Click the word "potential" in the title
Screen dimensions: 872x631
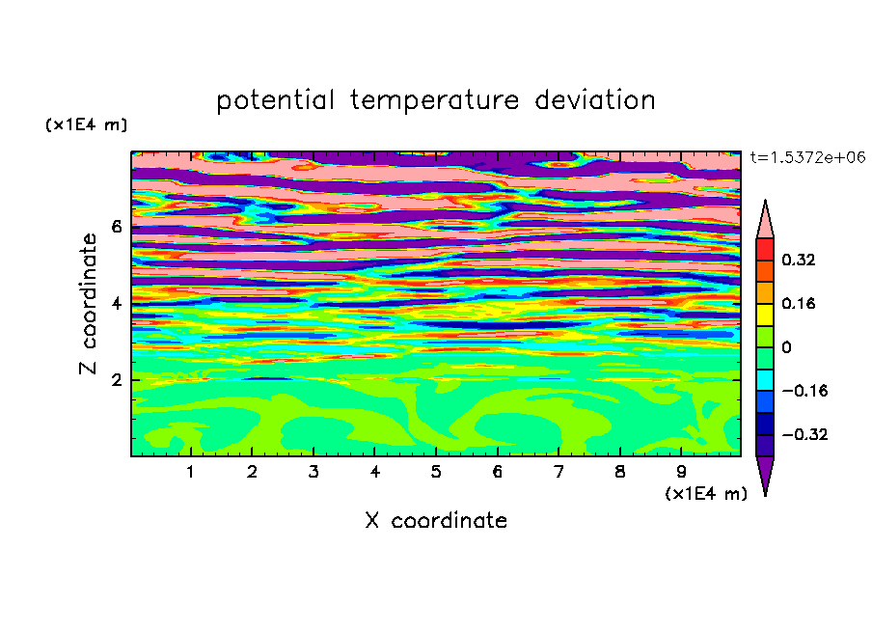click(275, 100)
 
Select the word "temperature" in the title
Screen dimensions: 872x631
click(435, 100)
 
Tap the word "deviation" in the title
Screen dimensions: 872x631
click(595, 99)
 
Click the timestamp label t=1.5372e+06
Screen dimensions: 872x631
click(807, 157)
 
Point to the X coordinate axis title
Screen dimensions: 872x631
click(436, 520)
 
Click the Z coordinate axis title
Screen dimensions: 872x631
click(88, 304)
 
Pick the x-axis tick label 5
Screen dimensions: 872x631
click(436, 472)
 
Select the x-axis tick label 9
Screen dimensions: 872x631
click(681, 472)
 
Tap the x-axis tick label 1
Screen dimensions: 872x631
click(191, 472)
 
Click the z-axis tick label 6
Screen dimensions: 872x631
click(116, 227)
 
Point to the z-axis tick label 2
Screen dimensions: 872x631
click(116, 380)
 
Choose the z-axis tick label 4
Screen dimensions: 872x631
click(116, 304)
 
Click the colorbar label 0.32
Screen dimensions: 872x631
click(799, 260)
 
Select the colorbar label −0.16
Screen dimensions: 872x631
click(804, 391)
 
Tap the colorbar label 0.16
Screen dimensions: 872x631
click(799, 303)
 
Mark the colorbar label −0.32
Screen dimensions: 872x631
click(804, 434)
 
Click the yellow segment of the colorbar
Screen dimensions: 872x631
click(765, 315)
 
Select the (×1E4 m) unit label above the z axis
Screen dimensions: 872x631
click(86, 124)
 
